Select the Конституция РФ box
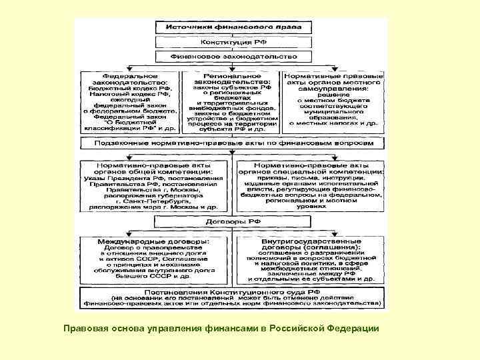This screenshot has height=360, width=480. (x=229, y=42)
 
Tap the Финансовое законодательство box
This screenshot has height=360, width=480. (x=229, y=57)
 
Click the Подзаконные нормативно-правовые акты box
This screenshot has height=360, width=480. (x=230, y=143)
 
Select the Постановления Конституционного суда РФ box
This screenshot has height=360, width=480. (x=230, y=294)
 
